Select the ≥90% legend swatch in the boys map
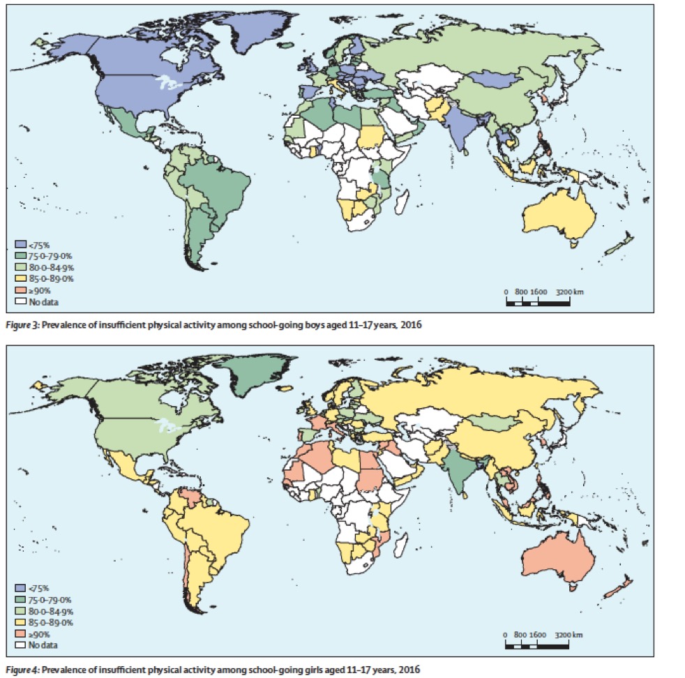click(21, 290)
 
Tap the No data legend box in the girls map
click(21, 645)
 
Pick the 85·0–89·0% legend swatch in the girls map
click(21, 622)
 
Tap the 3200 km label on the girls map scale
click(570, 635)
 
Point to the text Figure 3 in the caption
click(22, 325)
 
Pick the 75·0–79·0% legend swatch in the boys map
click(21, 256)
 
